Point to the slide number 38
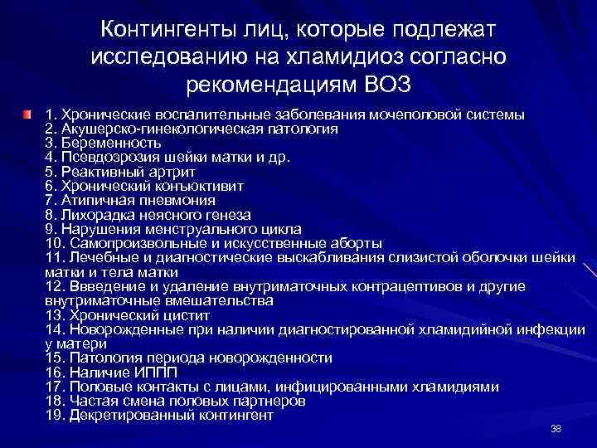pos(556,428)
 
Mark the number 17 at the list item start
pos(56,387)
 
